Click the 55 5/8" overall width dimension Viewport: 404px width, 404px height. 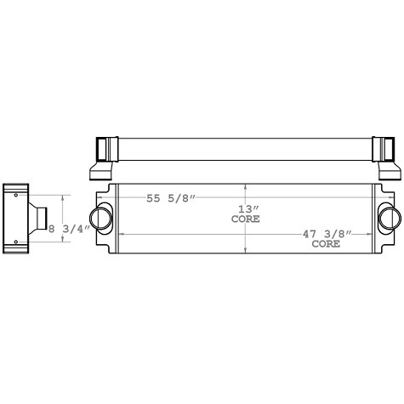coord(171,198)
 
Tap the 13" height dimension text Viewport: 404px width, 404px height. coord(246,208)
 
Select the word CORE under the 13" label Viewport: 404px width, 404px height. coord(246,219)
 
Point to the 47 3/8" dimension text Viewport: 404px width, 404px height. coord(326,233)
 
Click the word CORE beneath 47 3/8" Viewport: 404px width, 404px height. coord(326,243)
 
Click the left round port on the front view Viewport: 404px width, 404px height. coord(102,217)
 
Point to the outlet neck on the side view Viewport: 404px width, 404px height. coord(39,219)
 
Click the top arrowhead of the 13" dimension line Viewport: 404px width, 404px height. coord(246,185)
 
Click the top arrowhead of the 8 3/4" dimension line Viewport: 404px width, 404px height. coord(61,195)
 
